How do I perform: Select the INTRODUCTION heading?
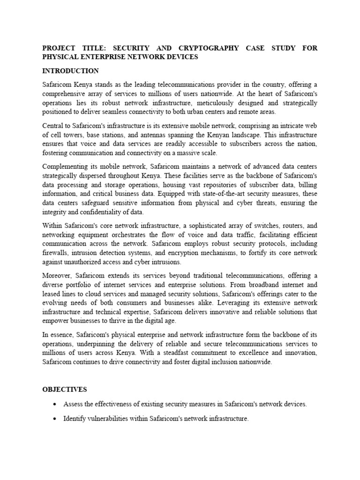tap(70, 71)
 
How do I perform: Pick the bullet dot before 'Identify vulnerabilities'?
tap(55, 419)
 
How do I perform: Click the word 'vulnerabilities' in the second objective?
tap(111, 419)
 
